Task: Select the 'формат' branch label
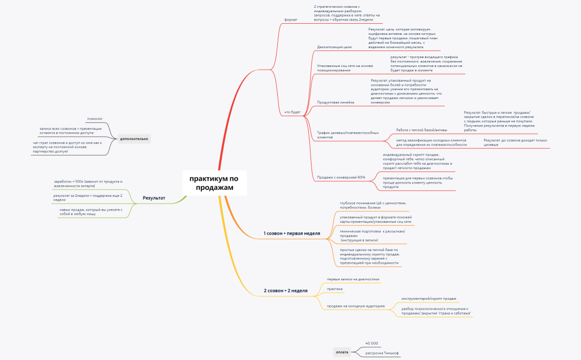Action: pyautogui.click(x=290, y=19)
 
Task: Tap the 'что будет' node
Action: pyautogui.click(x=292, y=112)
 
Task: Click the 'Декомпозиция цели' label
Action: pyautogui.click(x=334, y=47)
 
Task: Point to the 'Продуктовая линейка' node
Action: pyautogui.click(x=335, y=102)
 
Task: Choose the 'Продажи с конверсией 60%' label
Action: pyautogui.click(x=341, y=178)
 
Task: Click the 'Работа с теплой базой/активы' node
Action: pyautogui.click(x=422, y=130)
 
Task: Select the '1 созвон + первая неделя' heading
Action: pyautogui.click(x=292, y=233)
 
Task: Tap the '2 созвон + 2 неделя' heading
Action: pyautogui.click(x=286, y=290)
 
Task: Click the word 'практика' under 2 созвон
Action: pyautogui.click(x=335, y=289)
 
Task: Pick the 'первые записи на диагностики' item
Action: pyautogui.click(x=353, y=279)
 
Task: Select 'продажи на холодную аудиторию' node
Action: pyautogui.click(x=356, y=306)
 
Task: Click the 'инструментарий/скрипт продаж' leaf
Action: pyautogui.click(x=429, y=299)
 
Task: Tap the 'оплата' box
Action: pyautogui.click(x=343, y=352)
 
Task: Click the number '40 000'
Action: pyautogui.click(x=372, y=343)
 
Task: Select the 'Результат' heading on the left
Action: pyautogui.click(x=154, y=197)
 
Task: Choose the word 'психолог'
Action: pyautogui.click(x=95, y=119)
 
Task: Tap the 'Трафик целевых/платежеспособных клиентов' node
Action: pyautogui.click(x=347, y=135)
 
